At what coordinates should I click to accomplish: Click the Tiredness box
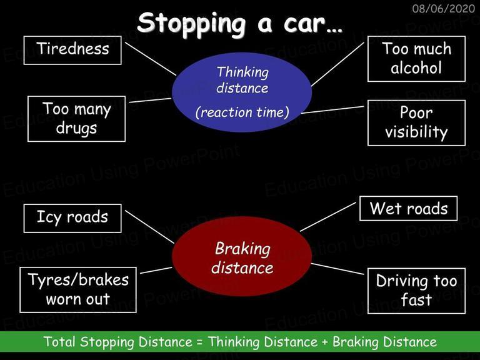(72, 50)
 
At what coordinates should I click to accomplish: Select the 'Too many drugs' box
(76, 119)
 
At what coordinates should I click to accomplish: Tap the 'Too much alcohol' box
(416, 59)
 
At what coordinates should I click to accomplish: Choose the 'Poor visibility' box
(416, 122)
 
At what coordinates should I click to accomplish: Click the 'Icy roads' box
(72, 218)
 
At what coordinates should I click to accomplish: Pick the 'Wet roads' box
(408, 209)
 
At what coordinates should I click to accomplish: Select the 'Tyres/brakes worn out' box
(78, 290)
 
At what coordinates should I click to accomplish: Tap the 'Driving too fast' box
(416, 291)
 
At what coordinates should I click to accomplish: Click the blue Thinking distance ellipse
(242, 92)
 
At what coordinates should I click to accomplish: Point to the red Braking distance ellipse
(242, 256)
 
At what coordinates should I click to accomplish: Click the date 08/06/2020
(443, 9)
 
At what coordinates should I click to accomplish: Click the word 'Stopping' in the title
(192, 24)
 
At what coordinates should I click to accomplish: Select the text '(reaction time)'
(242, 112)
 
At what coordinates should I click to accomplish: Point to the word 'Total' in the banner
(59, 342)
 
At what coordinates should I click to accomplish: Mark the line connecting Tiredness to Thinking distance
(151, 59)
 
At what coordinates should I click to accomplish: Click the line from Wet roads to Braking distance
(328, 217)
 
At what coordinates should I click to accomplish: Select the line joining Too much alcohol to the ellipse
(337, 64)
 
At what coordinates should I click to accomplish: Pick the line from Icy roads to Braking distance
(149, 227)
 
